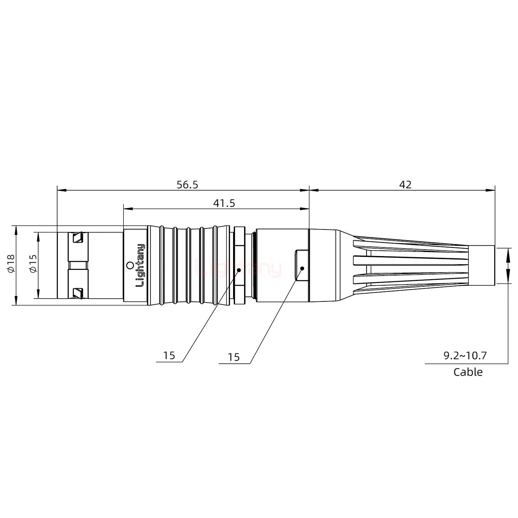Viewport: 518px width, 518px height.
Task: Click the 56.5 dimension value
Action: click(x=187, y=185)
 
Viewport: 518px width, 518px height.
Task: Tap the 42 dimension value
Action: click(x=405, y=185)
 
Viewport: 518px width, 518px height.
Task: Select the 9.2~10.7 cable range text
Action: click(x=465, y=356)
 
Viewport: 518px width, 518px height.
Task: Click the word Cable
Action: click(x=468, y=372)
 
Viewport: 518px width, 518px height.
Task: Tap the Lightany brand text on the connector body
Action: click(x=140, y=265)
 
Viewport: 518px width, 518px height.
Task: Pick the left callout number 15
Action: click(x=169, y=356)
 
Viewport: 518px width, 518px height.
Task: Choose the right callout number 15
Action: click(x=233, y=357)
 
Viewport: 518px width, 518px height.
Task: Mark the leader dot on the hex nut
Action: click(x=239, y=269)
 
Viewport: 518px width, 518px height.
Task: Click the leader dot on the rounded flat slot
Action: click(x=302, y=268)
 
